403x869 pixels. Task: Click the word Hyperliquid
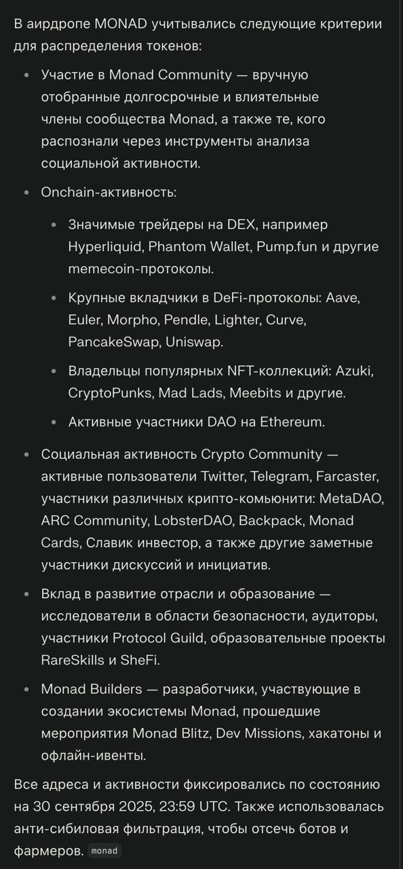[104, 246]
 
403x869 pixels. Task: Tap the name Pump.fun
[286, 246]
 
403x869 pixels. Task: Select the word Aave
[345, 297]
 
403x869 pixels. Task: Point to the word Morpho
[130, 320]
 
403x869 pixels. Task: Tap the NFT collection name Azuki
[354, 371]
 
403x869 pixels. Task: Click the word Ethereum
[291, 422]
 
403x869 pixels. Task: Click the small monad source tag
[104, 851]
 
